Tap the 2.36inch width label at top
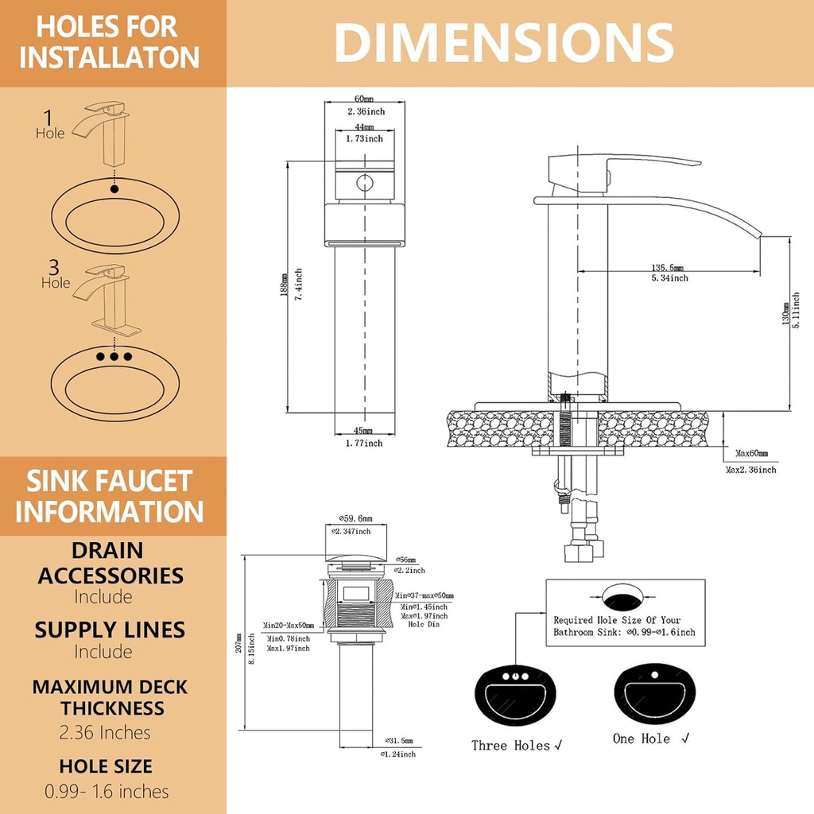tap(366, 112)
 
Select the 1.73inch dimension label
tap(364, 138)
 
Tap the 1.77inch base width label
tap(363, 443)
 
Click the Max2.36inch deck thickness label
tap(751, 470)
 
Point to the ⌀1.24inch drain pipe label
tap(397, 754)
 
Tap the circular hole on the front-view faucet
tap(365, 183)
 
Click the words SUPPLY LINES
tap(110, 630)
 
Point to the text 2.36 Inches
tap(105, 732)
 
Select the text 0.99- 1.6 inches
tap(107, 791)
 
